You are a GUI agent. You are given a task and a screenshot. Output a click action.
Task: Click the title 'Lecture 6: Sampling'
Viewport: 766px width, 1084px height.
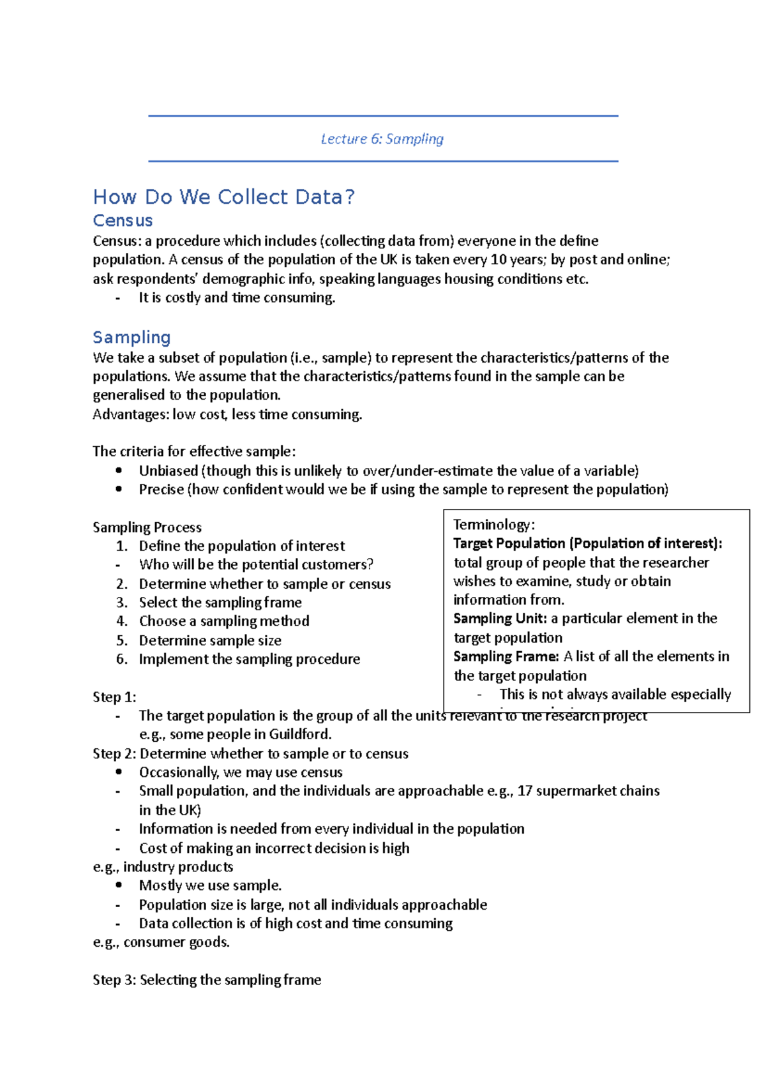click(382, 139)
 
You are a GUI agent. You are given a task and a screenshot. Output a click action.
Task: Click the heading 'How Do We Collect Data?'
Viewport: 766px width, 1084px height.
click(223, 197)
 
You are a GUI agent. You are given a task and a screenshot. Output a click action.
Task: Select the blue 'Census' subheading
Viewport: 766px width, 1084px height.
click(123, 220)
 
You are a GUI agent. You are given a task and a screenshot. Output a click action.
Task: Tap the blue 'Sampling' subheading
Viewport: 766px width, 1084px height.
click(131, 337)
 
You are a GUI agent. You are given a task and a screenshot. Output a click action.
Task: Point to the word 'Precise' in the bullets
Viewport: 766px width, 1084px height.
click(161, 490)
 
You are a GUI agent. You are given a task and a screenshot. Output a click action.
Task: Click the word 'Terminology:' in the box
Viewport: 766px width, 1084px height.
click(494, 525)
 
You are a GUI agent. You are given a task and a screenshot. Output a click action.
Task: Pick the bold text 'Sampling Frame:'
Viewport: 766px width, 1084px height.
click(506, 656)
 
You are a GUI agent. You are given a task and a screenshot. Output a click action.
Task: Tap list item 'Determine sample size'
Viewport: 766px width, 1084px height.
click(210, 640)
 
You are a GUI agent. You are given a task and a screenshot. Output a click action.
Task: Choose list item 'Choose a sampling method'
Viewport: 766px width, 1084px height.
click(224, 621)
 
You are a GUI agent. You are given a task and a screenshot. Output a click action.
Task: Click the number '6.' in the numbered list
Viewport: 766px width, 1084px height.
click(122, 659)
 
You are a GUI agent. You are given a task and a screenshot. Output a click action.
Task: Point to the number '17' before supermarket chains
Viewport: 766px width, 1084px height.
click(525, 791)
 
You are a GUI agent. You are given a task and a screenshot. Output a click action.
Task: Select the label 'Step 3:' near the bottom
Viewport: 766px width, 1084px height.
click(114, 980)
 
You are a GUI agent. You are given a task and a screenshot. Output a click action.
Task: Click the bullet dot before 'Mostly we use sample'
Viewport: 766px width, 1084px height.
click(119, 885)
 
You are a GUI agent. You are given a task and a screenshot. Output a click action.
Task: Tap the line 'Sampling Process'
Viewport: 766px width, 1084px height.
click(147, 527)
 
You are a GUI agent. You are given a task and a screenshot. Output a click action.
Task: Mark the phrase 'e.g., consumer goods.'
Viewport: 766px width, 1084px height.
click(161, 942)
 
